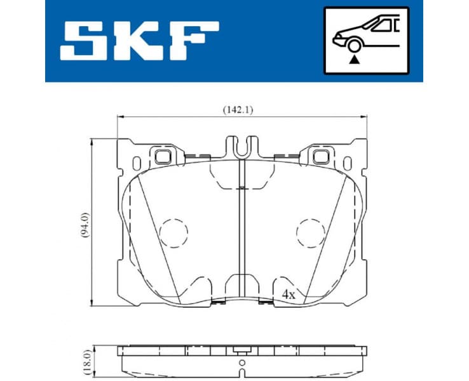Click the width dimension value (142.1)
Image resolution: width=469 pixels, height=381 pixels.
point(238,109)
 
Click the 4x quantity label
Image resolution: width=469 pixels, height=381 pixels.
point(289,294)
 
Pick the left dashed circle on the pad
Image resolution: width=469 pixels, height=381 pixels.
point(173,232)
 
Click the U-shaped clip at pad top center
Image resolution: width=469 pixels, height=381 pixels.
point(241,147)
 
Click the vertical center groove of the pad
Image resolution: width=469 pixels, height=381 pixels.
point(241,229)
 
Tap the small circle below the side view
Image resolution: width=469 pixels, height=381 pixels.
point(241,364)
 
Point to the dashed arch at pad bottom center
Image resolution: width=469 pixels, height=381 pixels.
point(241,284)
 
